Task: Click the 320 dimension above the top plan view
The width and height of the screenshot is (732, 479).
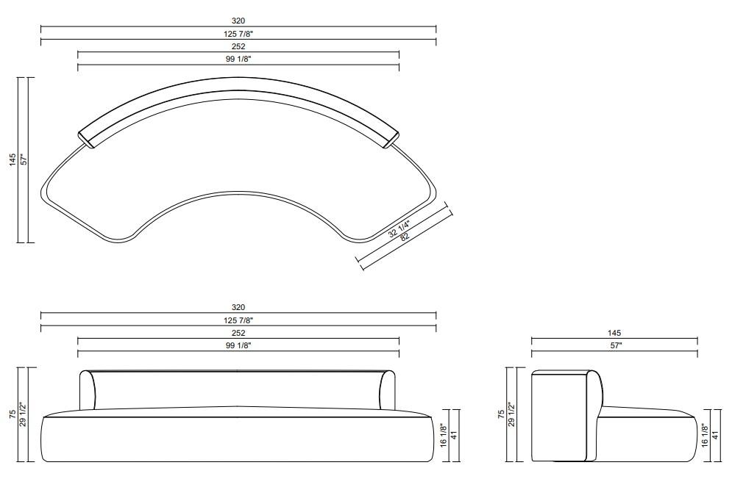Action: click(238, 21)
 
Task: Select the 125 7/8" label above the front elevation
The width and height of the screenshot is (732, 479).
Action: click(238, 320)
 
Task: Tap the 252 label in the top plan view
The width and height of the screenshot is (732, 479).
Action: click(238, 47)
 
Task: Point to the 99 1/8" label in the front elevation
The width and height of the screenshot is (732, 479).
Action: click(238, 345)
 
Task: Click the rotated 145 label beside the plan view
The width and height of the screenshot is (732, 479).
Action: click(13, 159)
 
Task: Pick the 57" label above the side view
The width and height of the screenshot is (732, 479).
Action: click(614, 345)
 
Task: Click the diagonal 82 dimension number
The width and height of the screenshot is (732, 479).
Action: click(405, 237)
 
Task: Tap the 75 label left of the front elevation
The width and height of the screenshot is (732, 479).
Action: click(13, 414)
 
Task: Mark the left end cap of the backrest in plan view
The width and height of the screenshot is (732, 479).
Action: click(87, 138)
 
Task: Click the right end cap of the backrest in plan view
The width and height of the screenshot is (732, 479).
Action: click(391, 138)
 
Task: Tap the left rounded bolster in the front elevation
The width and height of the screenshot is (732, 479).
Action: click(88, 390)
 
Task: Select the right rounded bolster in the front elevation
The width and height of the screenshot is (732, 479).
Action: click(387, 390)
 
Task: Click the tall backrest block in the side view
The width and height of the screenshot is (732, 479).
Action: click(559, 415)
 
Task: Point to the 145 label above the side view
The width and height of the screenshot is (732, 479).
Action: click(614, 333)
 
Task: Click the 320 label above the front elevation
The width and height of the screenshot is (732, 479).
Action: click(238, 307)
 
